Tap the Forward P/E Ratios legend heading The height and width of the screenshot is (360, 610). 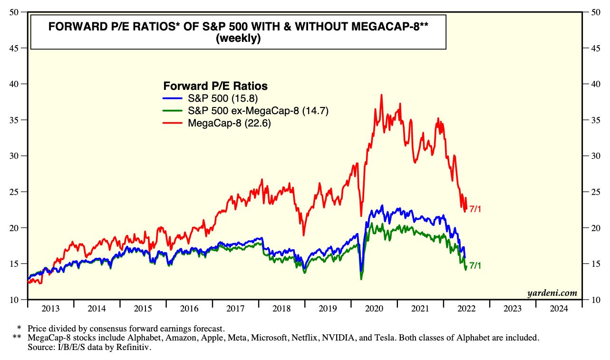(215, 86)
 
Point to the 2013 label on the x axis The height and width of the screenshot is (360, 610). (50, 309)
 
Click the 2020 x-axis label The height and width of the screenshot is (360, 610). (374, 309)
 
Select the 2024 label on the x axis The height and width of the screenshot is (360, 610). (559, 309)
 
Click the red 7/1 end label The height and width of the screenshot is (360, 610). (475, 209)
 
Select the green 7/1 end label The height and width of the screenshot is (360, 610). (475, 266)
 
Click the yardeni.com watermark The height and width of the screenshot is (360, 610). (552, 293)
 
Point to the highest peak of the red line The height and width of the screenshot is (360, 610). (381, 95)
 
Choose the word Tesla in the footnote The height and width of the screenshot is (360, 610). (383, 338)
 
